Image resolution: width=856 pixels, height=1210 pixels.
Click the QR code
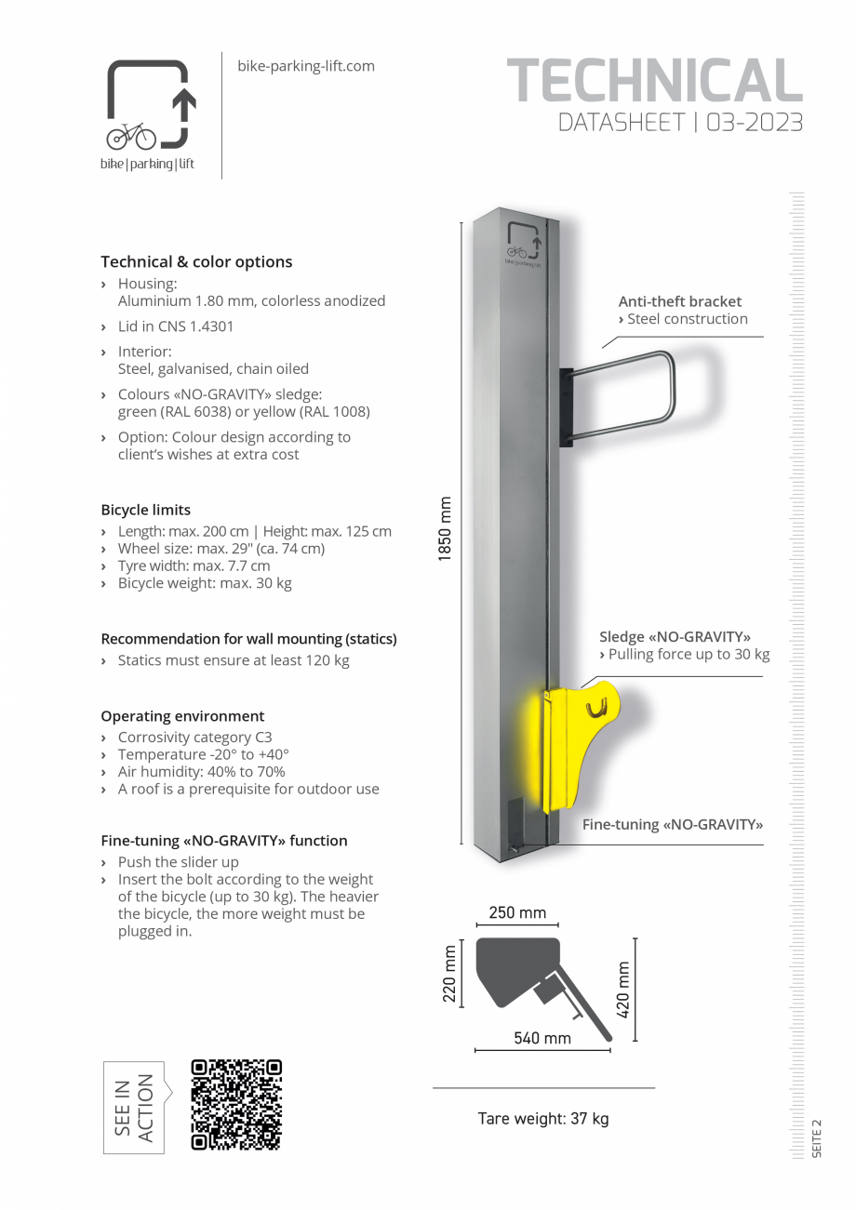[x=236, y=1104]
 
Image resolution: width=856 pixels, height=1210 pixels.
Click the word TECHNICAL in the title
[x=654, y=82]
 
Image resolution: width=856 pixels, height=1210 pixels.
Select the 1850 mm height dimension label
[x=445, y=528]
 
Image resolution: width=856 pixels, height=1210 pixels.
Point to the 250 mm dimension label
[x=517, y=912]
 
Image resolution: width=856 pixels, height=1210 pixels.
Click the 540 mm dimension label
[x=542, y=1037]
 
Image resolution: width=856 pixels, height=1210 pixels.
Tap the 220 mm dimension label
[x=450, y=974]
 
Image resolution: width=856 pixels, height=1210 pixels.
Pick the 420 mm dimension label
[x=623, y=989]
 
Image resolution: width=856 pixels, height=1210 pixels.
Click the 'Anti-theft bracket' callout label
[x=680, y=301]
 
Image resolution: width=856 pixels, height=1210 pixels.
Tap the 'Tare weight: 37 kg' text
[x=543, y=1118]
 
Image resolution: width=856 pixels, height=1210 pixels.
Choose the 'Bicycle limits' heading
[x=146, y=510]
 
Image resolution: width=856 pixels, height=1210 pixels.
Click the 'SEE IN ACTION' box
[x=133, y=1107]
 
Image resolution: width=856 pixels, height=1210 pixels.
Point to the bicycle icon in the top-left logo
[x=131, y=137]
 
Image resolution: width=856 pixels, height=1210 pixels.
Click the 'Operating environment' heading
[x=182, y=716]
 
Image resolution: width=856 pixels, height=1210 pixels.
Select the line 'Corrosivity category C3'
[x=194, y=737]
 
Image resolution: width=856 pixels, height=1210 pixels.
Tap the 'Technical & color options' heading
[x=196, y=261]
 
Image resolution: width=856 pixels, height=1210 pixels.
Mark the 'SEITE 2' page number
[x=817, y=1138]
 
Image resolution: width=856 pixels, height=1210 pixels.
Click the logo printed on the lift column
[x=522, y=245]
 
